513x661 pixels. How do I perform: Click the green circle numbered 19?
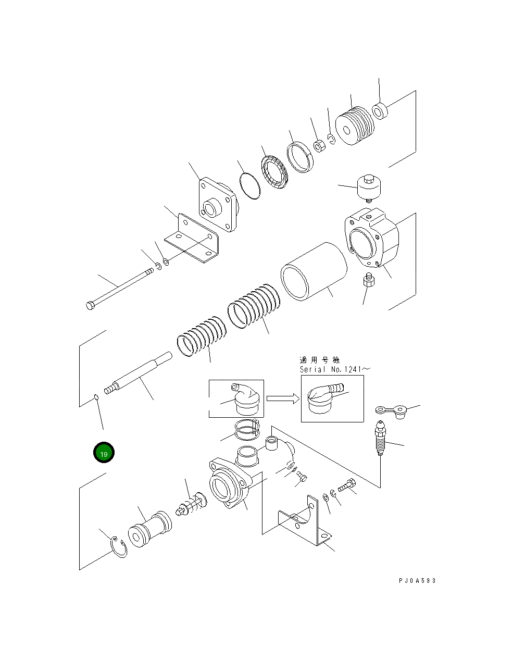(104, 454)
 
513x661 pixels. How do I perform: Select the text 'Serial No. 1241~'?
(334, 369)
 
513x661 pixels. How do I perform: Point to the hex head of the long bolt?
(90, 305)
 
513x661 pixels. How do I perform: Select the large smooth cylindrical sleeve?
(314, 271)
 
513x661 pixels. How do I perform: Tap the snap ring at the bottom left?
(119, 548)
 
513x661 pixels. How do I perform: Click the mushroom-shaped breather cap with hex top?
(368, 188)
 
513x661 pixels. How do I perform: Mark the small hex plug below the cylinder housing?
(369, 281)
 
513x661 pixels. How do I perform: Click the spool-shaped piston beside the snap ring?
(149, 530)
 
